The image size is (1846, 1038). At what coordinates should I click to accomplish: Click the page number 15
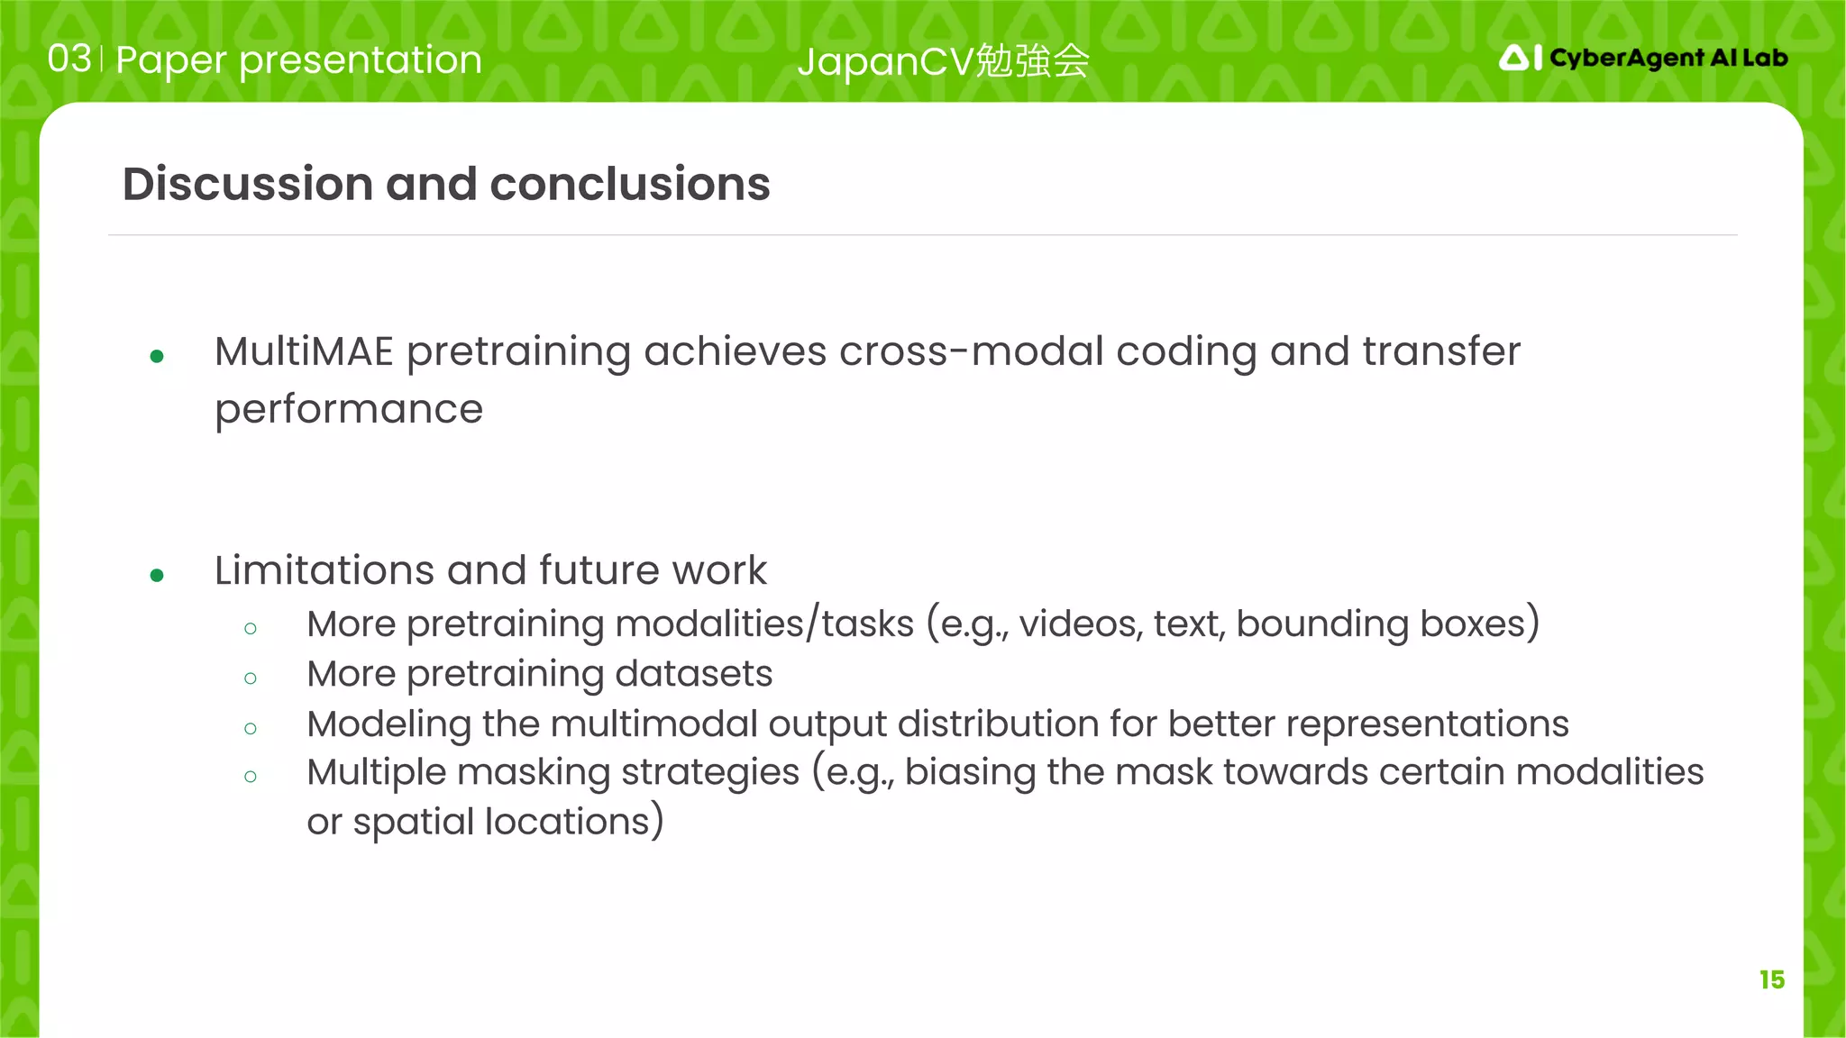[x=1771, y=979]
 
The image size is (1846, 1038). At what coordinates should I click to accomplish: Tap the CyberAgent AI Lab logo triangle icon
[x=1514, y=59]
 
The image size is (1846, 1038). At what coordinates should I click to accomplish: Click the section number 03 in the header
[x=69, y=59]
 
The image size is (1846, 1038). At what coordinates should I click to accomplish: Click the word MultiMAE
[x=304, y=351]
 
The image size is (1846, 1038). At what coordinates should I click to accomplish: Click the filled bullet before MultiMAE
[x=157, y=357]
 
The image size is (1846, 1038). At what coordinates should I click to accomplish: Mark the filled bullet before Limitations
[x=157, y=575]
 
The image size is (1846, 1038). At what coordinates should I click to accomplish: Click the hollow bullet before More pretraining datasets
[x=251, y=678]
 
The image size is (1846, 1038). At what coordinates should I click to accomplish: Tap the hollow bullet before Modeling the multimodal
[x=251, y=728]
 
